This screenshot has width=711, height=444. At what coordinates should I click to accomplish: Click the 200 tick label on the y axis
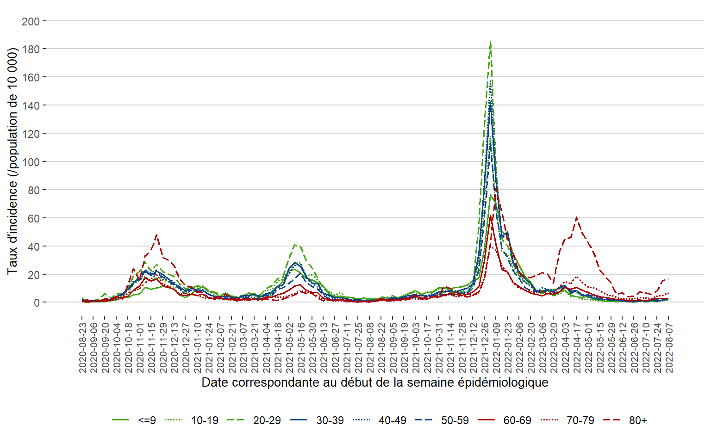(x=31, y=21)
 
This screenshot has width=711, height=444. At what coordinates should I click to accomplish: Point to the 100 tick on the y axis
(x=31, y=162)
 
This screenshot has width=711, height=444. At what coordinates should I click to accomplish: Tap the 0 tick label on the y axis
(x=37, y=302)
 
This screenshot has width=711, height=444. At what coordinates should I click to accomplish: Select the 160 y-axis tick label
(x=31, y=77)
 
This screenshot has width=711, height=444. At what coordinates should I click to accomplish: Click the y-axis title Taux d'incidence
(x=12, y=161)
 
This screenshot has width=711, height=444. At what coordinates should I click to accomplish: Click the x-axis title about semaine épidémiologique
(x=375, y=383)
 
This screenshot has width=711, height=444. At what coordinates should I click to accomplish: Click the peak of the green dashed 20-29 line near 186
(x=490, y=41)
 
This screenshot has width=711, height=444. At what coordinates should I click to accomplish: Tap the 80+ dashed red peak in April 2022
(x=576, y=217)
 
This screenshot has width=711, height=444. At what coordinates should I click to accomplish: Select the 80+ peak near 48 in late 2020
(x=157, y=235)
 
